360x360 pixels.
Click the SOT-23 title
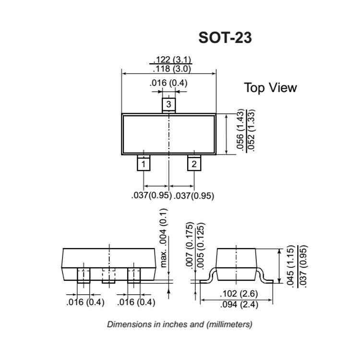coord(225,38)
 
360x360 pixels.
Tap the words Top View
coord(270,88)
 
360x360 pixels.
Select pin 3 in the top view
coord(168,104)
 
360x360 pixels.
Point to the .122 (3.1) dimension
coord(172,60)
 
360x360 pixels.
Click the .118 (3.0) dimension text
coord(172,69)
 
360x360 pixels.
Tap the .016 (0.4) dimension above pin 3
coord(168,83)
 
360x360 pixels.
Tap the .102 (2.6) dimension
coord(237,294)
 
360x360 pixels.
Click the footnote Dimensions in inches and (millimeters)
coord(180,324)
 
